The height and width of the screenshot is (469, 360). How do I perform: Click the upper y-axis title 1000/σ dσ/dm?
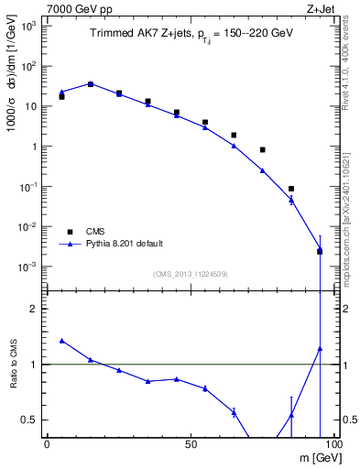pos(16,92)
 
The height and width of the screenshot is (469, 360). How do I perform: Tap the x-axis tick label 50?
pos(190,443)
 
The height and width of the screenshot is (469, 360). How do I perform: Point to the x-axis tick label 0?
pos(47,443)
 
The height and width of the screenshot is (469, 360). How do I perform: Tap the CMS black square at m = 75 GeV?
pos(263,149)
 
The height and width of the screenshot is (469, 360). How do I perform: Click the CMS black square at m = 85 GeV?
pos(291,189)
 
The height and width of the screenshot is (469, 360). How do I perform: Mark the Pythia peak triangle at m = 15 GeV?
pos(90,83)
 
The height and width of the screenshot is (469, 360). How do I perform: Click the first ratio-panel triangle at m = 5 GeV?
pos(61,340)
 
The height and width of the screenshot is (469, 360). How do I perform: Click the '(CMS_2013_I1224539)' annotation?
pos(190,273)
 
